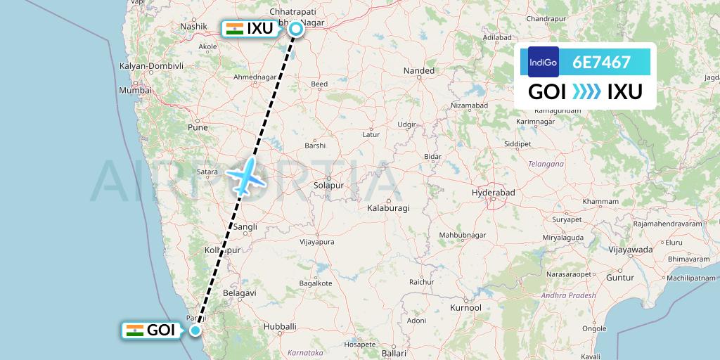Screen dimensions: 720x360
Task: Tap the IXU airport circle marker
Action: [x=296, y=29]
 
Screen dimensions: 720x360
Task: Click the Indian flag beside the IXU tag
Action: [x=234, y=29]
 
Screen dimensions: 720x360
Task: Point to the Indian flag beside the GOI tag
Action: [x=134, y=330]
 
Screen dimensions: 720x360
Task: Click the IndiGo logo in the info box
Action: [x=543, y=62]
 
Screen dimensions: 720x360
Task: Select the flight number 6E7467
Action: [x=601, y=62]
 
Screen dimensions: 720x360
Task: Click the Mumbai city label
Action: [x=135, y=90]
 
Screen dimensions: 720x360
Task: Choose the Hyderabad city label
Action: [x=494, y=192]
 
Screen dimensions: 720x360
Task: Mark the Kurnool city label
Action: [x=465, y=308]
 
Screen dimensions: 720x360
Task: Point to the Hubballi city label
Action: [x=279, y=326]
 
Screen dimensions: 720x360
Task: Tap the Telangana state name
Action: [x=545, y=164]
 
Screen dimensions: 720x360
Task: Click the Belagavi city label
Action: [x=237, y=291]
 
